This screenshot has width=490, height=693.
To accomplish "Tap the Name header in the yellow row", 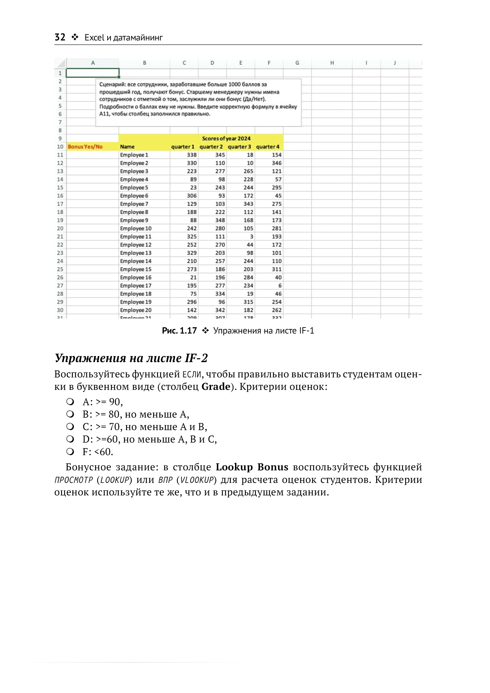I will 127,147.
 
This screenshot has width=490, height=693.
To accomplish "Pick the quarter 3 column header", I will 239,147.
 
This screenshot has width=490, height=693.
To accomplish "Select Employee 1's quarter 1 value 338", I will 192,155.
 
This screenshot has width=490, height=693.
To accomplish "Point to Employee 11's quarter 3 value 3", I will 251,237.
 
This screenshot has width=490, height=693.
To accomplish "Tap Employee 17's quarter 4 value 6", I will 280,286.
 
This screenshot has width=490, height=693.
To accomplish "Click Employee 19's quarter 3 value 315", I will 248,302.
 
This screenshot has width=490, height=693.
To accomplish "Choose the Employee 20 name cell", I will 136,310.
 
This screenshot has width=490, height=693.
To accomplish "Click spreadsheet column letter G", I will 297,63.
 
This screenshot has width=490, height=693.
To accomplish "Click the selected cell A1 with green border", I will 93,73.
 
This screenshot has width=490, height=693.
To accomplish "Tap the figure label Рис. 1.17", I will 179,331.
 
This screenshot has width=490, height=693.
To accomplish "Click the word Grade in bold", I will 216,387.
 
